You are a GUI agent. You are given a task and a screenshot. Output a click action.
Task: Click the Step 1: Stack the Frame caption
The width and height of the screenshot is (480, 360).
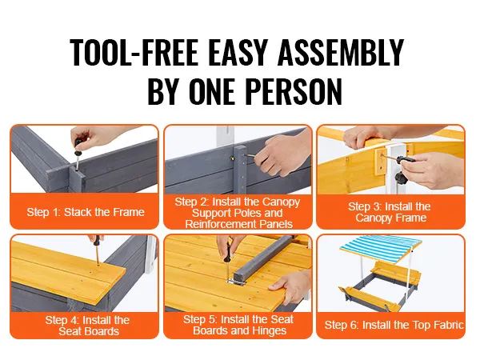point(86,212)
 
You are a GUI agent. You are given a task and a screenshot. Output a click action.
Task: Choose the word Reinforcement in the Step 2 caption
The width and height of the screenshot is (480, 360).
point(221,224)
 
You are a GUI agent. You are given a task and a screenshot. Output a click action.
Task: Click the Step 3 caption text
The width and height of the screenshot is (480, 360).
point(390,212)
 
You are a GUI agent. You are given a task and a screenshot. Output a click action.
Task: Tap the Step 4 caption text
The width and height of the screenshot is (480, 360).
point(88,326)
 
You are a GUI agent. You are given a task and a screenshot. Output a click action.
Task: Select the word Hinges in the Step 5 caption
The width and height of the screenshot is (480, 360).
point(270,330)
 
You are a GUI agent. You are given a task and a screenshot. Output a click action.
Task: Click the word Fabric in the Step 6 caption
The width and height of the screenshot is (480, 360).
point(449,325)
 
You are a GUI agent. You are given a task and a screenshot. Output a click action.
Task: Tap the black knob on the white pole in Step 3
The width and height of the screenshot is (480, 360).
point(401,178)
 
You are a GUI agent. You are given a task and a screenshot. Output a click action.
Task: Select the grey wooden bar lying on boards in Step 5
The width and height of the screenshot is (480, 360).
point(262,258)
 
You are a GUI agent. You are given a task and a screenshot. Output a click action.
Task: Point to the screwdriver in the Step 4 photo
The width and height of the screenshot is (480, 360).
point(97,250)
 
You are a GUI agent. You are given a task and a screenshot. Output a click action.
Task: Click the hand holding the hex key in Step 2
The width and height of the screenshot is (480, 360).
point(285,153)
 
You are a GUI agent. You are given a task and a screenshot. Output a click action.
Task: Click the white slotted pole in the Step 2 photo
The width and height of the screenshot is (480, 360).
point(226,137)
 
